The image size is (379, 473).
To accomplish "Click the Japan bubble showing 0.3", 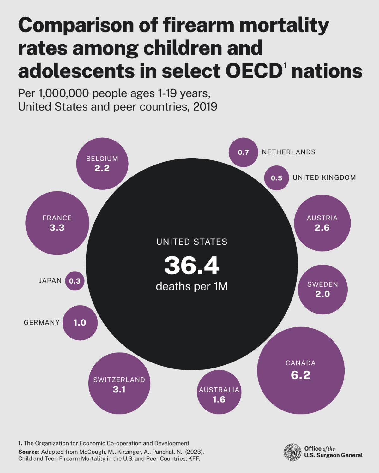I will pyautogui.click(x=75, y=281).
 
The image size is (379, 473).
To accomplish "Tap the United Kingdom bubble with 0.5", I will pyautogui.click(x=276, y=178).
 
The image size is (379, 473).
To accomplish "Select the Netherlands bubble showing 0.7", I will pyautogui.click(x=243, y=152).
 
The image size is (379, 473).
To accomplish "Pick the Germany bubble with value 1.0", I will pyautogui.click(x=80, y=323).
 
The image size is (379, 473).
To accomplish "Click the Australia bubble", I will pyautogui.click(x=219, y=392).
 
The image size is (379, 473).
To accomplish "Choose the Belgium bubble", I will pyautogui.click(x=102, y=164).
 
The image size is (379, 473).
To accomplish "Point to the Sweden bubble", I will pyautogui.click(x=322, y=290).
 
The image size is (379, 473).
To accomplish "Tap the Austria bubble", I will pyautogui.click(x=322, y=223).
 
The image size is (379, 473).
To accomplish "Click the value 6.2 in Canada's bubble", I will pyautogui.click(x=300, y=375).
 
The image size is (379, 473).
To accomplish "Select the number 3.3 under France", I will pyautogui.click(x=57, y=227).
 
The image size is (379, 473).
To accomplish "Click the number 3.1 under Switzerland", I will pyautogui.click(x=119, y=390).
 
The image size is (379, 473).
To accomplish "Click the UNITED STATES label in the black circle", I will pyautogui.click(x=192, y=242).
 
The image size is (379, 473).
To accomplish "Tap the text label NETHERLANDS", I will pyautogui.click(x=289, y=152).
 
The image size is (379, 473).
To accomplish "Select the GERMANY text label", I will pyautogui.click(x=42, y=323).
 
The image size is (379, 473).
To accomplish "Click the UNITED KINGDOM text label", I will pyautogui.click(x=324, y=178).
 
